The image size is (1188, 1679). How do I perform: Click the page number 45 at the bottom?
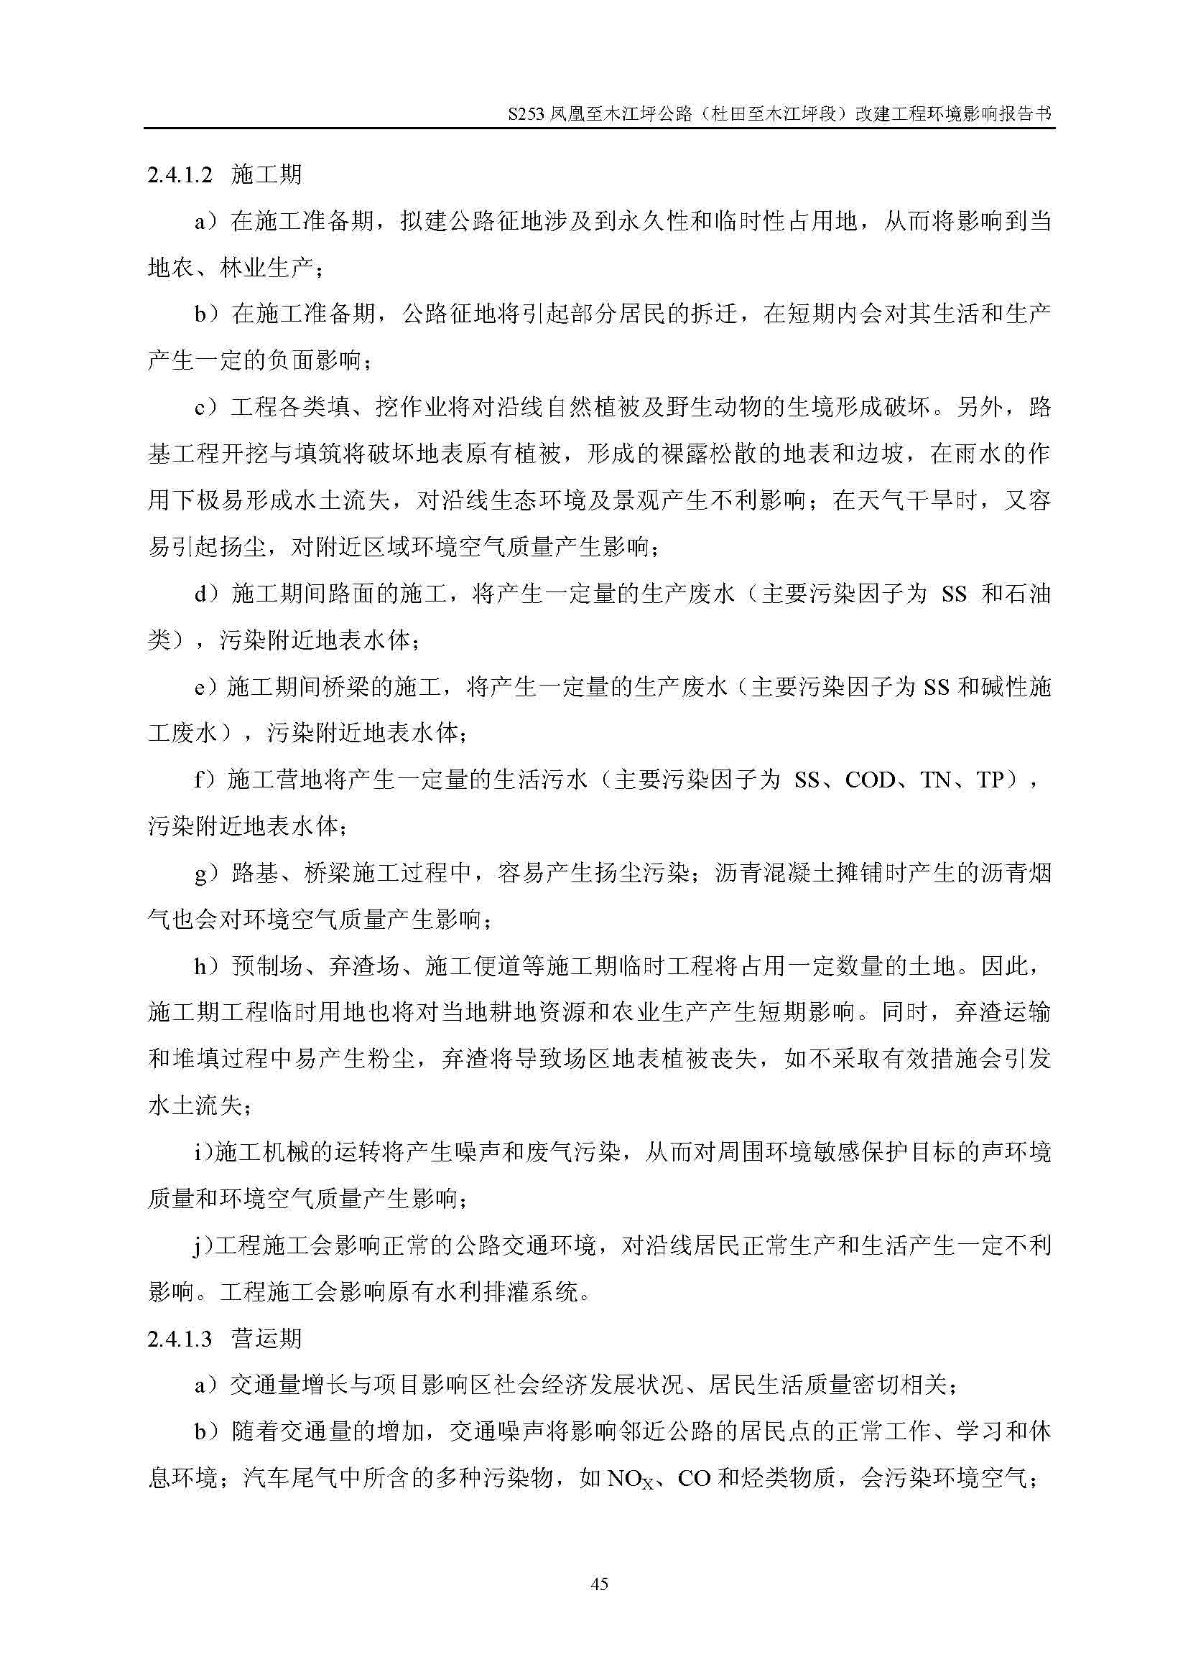click(598, 1584)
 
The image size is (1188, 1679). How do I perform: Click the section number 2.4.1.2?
click(180, 175)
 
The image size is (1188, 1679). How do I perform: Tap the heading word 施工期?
click(266, 174)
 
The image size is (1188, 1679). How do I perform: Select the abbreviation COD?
click(870, 780)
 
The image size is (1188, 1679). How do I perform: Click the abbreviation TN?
click(935, 780)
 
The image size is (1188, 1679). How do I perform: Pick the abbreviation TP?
click(990, 780)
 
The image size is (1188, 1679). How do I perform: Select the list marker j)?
click(202, 1246)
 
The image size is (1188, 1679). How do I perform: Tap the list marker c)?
click(206, 408)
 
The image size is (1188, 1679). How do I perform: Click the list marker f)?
click(205, 780)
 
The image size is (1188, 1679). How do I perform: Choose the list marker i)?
click(203, 1154)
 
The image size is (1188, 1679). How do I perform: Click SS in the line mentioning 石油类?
click(954, 594)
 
